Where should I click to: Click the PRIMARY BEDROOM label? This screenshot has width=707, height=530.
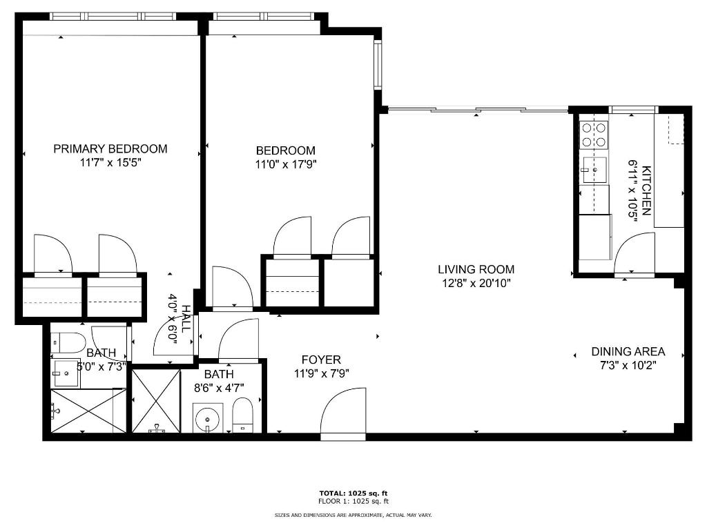[x=110, y=148]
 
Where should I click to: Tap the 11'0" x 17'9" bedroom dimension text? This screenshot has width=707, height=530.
[x=285, y=165]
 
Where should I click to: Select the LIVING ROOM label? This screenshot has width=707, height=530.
[x=476, y=269]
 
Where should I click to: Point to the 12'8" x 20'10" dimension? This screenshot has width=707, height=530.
[x=476, y=283]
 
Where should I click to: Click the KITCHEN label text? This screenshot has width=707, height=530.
[x=646, y=190]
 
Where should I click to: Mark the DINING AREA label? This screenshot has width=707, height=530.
[x=628, y=351]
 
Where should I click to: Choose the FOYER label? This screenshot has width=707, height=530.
[x=321, y=360]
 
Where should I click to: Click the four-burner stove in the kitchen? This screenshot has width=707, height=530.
[x=594, y=135]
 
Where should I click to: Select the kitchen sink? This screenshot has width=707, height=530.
[x=594, y=170]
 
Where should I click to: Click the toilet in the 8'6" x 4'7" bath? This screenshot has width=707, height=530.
[x=242, y=415]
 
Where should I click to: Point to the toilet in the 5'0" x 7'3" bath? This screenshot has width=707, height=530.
[x=68, y=342]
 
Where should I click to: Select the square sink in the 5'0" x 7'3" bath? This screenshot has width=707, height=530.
[x=67, y=373]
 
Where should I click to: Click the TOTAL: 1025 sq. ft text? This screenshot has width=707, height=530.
[x=353, y=493]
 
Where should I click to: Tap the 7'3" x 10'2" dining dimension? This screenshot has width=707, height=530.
[x=628, y=365]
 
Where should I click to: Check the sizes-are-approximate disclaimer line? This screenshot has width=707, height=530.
[x=353, y=515]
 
